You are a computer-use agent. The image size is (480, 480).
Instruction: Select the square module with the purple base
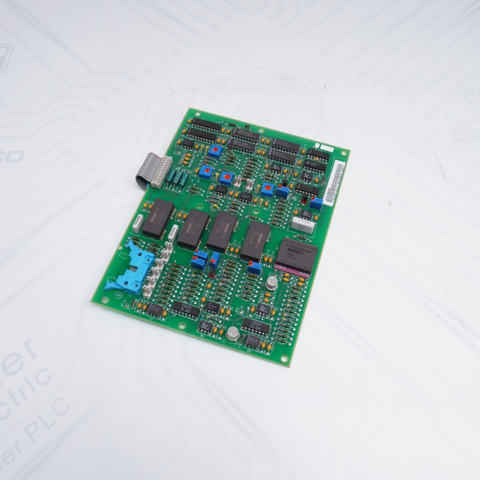click(x=295, y=257)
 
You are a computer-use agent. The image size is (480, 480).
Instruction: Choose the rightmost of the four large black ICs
click(x=254, y=240)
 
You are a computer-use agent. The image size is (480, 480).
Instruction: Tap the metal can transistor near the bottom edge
click(x=232, y=334)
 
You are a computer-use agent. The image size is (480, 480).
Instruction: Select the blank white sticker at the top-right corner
click(x=325, y=148)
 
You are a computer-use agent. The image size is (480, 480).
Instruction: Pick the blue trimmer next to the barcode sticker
click(x=316, y=202)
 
